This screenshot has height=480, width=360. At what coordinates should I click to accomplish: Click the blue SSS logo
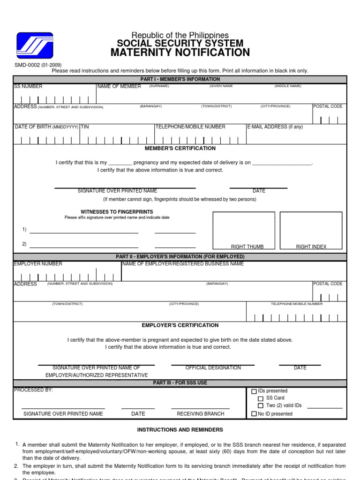35,45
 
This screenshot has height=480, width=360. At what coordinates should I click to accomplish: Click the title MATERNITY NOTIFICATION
180,52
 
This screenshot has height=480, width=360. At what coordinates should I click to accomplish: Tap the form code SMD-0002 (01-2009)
38,65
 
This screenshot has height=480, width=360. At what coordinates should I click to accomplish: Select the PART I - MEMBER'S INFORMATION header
180,79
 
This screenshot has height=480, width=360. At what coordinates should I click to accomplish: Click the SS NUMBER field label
28,86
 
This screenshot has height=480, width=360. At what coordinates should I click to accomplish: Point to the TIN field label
85,127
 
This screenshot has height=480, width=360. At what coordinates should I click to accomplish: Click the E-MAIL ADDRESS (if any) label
275,127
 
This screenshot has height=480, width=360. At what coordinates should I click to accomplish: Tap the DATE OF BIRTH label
46,127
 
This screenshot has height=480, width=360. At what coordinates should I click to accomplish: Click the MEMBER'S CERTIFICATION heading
180,148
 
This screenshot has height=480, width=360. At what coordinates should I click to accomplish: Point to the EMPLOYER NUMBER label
38,264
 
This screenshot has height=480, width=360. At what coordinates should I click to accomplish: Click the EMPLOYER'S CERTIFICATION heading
180,325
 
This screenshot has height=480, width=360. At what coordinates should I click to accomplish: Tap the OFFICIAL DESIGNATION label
213,368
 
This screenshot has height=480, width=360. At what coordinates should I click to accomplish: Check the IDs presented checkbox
254,391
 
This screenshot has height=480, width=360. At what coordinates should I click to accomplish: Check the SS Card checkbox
261,398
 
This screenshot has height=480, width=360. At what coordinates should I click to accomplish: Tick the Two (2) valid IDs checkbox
261,405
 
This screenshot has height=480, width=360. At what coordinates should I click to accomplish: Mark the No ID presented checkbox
254,414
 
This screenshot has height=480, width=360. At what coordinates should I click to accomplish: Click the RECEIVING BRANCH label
200,414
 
